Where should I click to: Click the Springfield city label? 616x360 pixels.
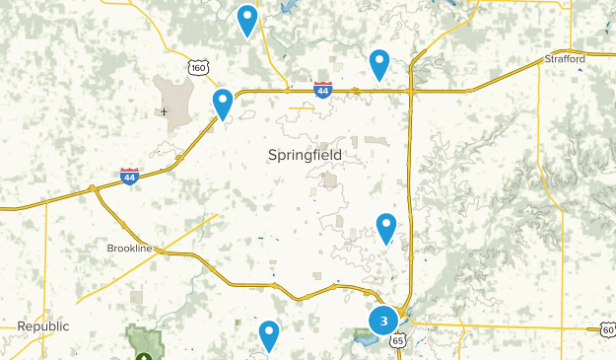point(305,156)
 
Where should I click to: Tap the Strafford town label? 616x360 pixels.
point(565,59)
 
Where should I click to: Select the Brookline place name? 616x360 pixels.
point(129,249)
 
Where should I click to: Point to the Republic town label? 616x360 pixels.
point(43,325)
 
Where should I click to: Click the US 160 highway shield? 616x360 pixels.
point(199,67)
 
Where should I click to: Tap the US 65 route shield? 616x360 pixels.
point(397,339)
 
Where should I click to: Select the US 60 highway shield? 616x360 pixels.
point(607,329)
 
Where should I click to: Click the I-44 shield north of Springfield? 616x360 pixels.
point(322,90)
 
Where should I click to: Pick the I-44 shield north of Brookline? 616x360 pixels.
point(129,176)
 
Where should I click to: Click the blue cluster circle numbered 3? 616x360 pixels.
point(382,321)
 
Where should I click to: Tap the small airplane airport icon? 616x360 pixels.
point(164,110)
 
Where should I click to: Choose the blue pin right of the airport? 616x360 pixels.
point(223,102)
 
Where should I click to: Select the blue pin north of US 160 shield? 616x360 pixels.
point(247,19)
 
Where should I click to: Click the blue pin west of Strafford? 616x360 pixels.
point(379,63)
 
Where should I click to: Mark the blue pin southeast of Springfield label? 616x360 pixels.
point(386,227)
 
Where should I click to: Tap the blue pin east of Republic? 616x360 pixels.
point(269,334)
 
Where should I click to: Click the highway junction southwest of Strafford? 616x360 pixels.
point(411,91)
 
